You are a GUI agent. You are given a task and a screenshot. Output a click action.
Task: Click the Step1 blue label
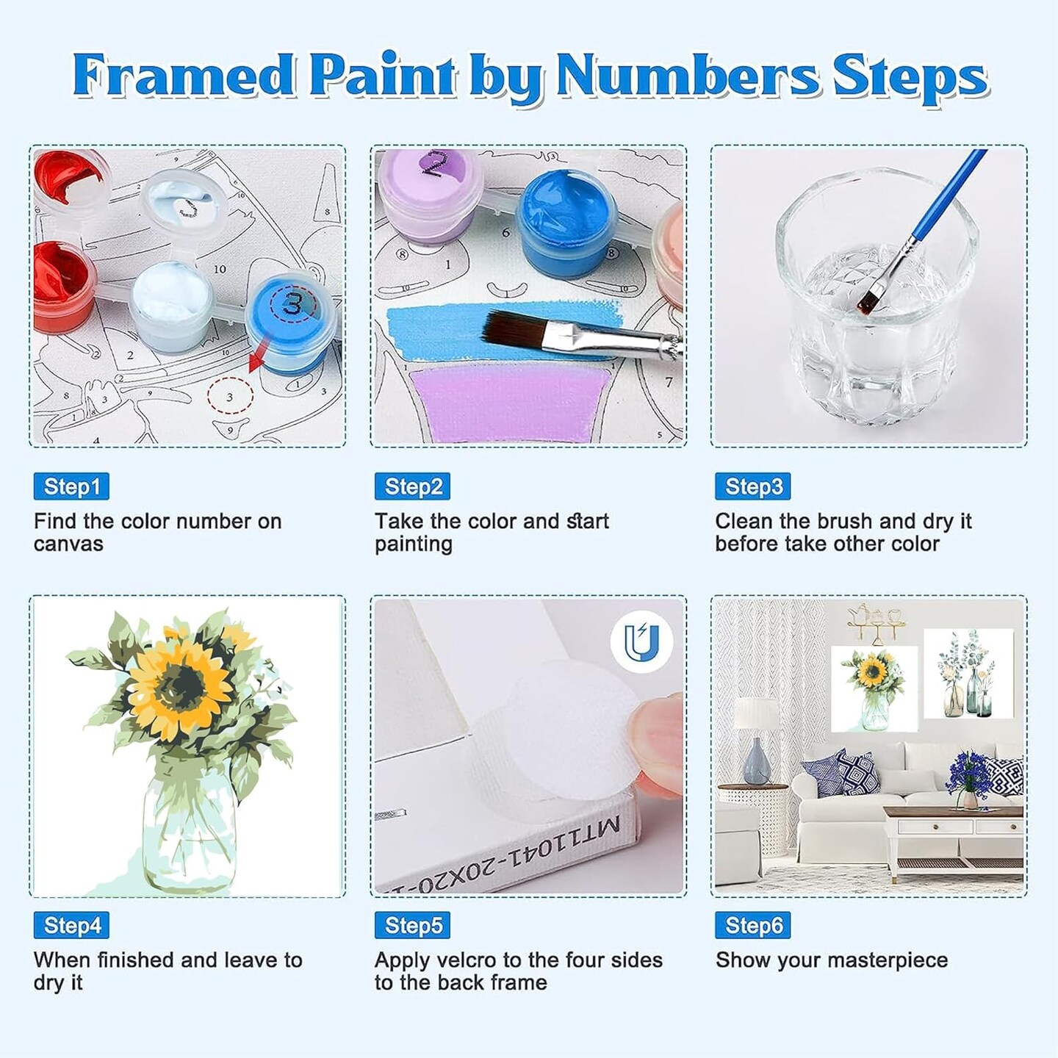(71, 486)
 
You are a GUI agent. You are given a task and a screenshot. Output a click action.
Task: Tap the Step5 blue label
(412, 925)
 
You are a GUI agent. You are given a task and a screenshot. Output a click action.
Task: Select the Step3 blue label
(753, 486)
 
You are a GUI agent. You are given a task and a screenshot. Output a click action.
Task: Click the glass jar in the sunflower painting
(189, 830)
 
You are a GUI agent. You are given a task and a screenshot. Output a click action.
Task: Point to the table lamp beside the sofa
(757, 742)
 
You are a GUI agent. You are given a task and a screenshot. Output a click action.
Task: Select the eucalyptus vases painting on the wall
(968, 674)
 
